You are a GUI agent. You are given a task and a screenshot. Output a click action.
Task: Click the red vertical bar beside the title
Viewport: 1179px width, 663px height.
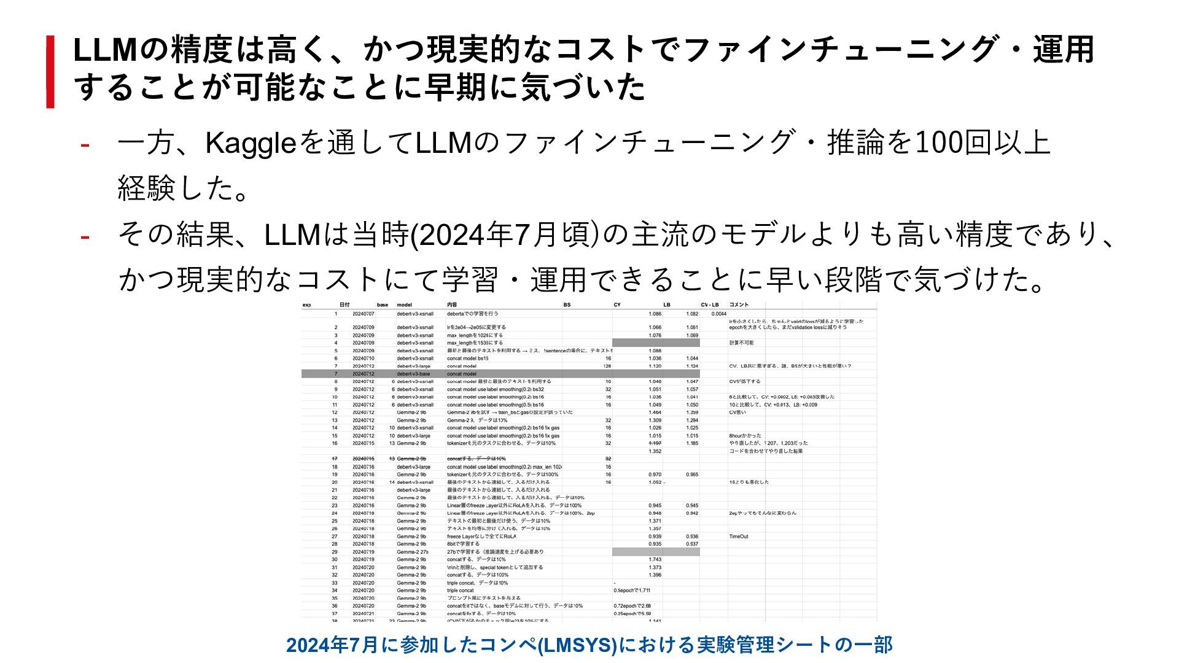coord(50,72)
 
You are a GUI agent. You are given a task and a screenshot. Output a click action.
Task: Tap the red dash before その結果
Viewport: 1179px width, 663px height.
coord(85,236)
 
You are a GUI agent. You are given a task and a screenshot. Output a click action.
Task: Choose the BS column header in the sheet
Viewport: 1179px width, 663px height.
coord(567,305)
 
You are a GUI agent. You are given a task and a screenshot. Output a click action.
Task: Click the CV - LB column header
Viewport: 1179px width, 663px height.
coord(710,305)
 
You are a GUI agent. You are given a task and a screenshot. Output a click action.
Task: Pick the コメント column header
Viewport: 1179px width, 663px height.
coord(739,305)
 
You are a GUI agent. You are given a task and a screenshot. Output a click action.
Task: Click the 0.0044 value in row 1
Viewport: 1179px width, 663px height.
coord(718,314)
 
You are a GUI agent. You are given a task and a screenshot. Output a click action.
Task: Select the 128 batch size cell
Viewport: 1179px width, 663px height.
coord(607,366)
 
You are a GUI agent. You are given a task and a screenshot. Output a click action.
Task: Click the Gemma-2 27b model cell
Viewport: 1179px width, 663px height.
coord(413,552)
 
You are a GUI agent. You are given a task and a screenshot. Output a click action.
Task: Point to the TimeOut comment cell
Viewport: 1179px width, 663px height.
coord(739,537)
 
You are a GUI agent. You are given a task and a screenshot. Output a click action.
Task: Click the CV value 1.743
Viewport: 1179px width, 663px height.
coord(655,559)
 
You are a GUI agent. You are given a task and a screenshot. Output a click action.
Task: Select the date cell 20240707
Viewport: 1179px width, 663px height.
coord(363,314)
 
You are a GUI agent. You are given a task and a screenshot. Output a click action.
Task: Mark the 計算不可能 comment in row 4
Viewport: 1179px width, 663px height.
coord(741,343)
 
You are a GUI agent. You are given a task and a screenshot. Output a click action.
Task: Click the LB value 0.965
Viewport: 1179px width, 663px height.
coord(692,475)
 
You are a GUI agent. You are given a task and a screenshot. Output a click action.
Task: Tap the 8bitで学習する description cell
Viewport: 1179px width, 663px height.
coord(463,544)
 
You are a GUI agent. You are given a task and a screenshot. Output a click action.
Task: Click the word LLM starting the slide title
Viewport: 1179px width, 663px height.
coord(104,50)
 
